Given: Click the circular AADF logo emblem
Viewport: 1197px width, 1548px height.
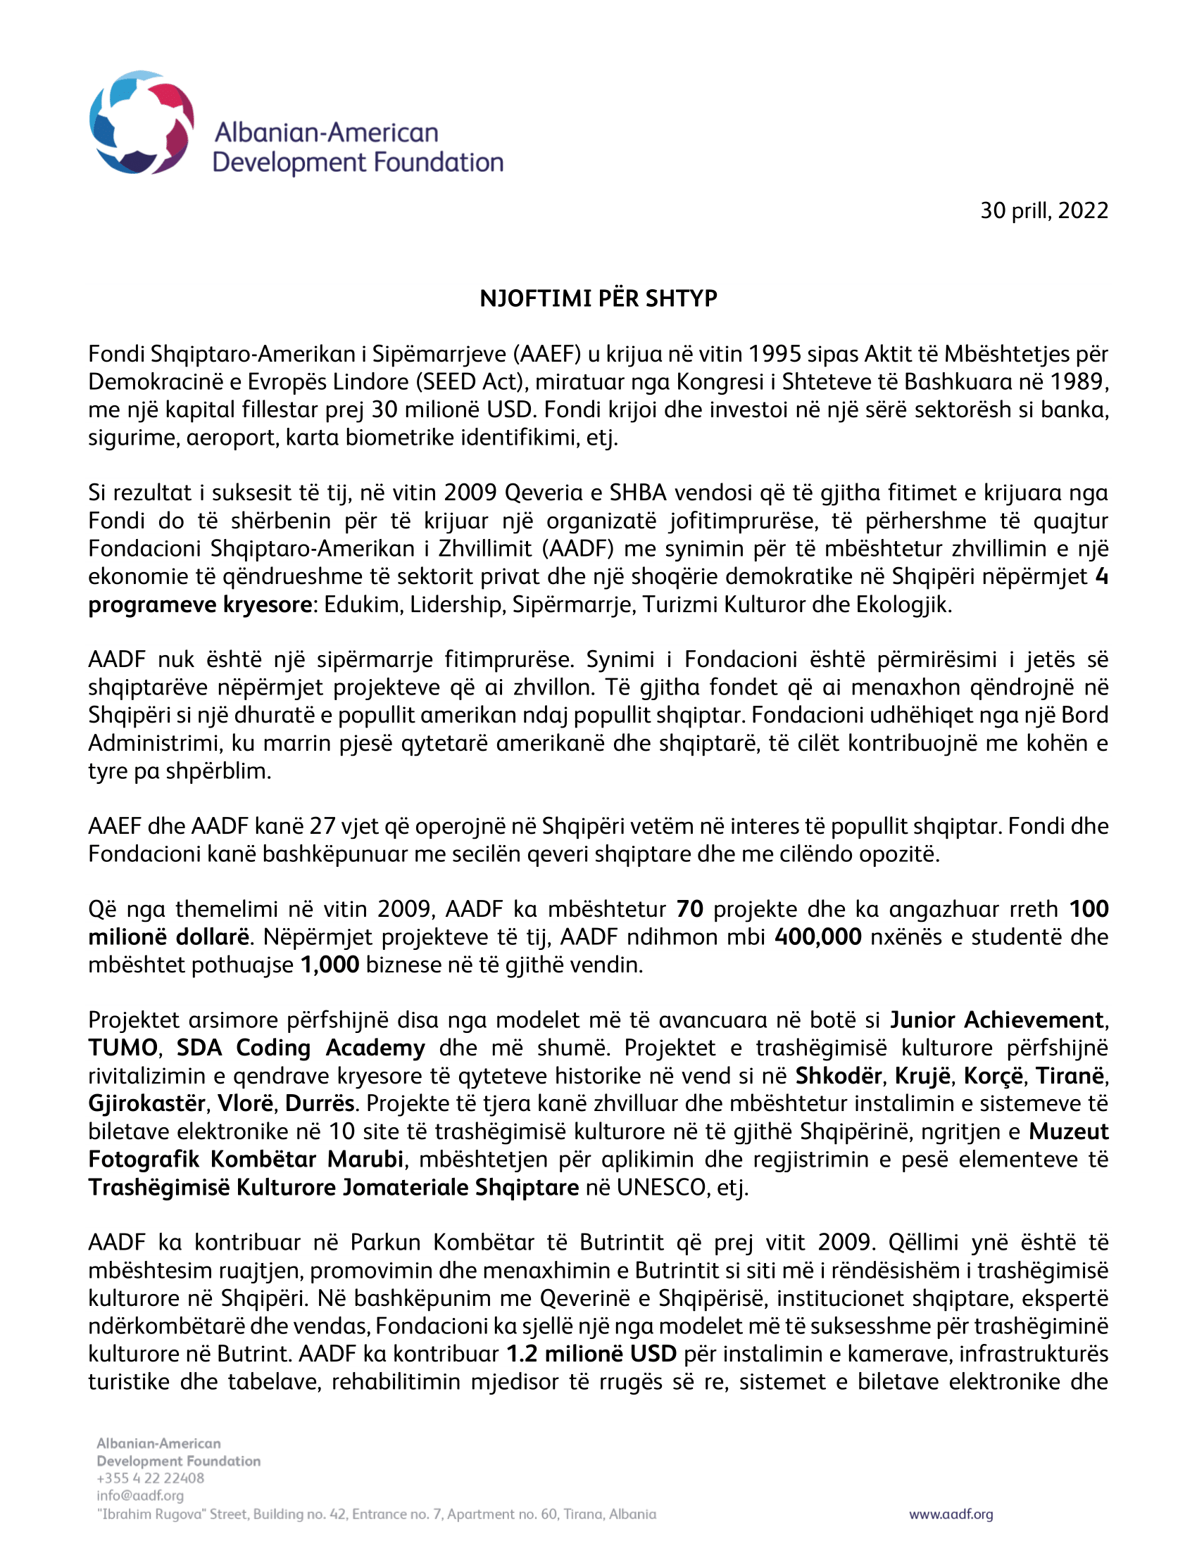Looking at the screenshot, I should (x=141, y=122).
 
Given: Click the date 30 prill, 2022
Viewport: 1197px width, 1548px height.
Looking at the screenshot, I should (x=1044, y=210).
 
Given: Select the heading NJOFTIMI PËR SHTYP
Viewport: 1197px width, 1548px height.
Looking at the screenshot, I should (x=598, y=298).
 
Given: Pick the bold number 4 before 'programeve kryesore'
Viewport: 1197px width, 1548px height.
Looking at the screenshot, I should (x=1101, y=576).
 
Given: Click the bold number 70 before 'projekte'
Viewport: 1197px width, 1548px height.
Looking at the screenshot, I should (x=689, y=908).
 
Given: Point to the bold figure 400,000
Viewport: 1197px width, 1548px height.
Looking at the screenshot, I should (x=817, y=937).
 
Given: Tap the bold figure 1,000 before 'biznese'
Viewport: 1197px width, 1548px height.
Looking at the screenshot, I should (x=330, y=965).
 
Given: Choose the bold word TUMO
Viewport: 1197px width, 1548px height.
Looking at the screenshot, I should (x=123, y=1048).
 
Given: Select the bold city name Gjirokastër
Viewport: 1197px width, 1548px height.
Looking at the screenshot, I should (x=146, y=1103).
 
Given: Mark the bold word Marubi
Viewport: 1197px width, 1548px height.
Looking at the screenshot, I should (x=365, y=1159).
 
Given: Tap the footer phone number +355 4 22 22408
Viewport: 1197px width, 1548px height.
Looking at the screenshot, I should (x=151, y=1478).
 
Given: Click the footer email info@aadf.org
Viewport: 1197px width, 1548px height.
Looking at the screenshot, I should (x=139, y=1495).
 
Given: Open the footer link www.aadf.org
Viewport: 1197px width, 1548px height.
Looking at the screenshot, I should (x=951, y=1514).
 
